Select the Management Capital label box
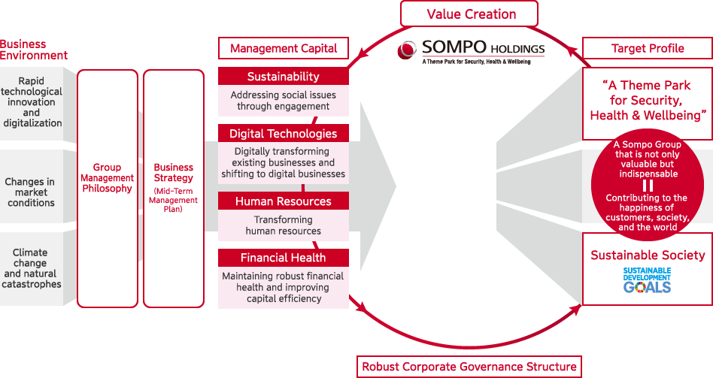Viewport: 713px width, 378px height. click(x=284, y=48)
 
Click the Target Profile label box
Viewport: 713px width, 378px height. click(x=648, y=48)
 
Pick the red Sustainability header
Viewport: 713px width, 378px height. click(x=284, y=77)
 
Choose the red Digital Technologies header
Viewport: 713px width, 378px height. click(x=284, y=134)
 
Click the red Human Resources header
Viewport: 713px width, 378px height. click(x=284, y=201)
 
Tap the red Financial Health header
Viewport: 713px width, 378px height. click(x=284, y=258)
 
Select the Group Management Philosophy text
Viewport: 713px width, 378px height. click(x=108, y=178)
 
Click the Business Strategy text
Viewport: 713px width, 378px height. click(x=174, y=173)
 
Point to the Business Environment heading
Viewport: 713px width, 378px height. click(x=34, y=50)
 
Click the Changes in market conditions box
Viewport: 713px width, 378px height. click(x=30, y=192)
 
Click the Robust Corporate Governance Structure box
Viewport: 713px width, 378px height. click(x=469, y=367)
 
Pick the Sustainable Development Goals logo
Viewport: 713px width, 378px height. click(x=647, y=280)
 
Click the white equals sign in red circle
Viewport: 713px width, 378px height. click(x=648, y=186)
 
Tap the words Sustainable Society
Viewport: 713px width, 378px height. click(x=648, y=255)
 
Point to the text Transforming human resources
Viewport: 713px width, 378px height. click(x=284, y=225)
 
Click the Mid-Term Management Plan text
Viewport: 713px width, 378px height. click(x=174, y=200)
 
